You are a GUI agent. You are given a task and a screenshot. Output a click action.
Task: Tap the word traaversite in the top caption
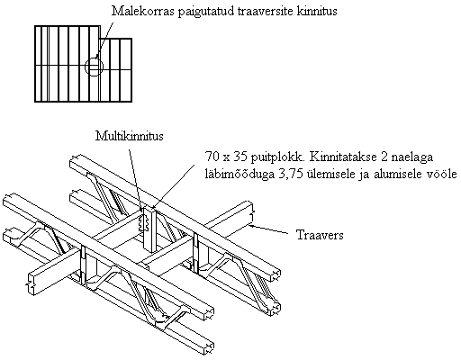point(266,11)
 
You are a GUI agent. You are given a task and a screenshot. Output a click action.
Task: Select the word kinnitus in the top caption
point(317,11)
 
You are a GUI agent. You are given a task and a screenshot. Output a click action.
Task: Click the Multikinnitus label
point(130,136)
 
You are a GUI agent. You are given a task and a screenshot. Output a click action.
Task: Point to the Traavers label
point(320,235)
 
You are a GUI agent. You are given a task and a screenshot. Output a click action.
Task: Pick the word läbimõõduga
point(240,175)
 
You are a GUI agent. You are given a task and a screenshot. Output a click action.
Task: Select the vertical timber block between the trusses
point(149,230)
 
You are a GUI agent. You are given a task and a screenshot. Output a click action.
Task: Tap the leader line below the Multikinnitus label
point(135,179)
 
